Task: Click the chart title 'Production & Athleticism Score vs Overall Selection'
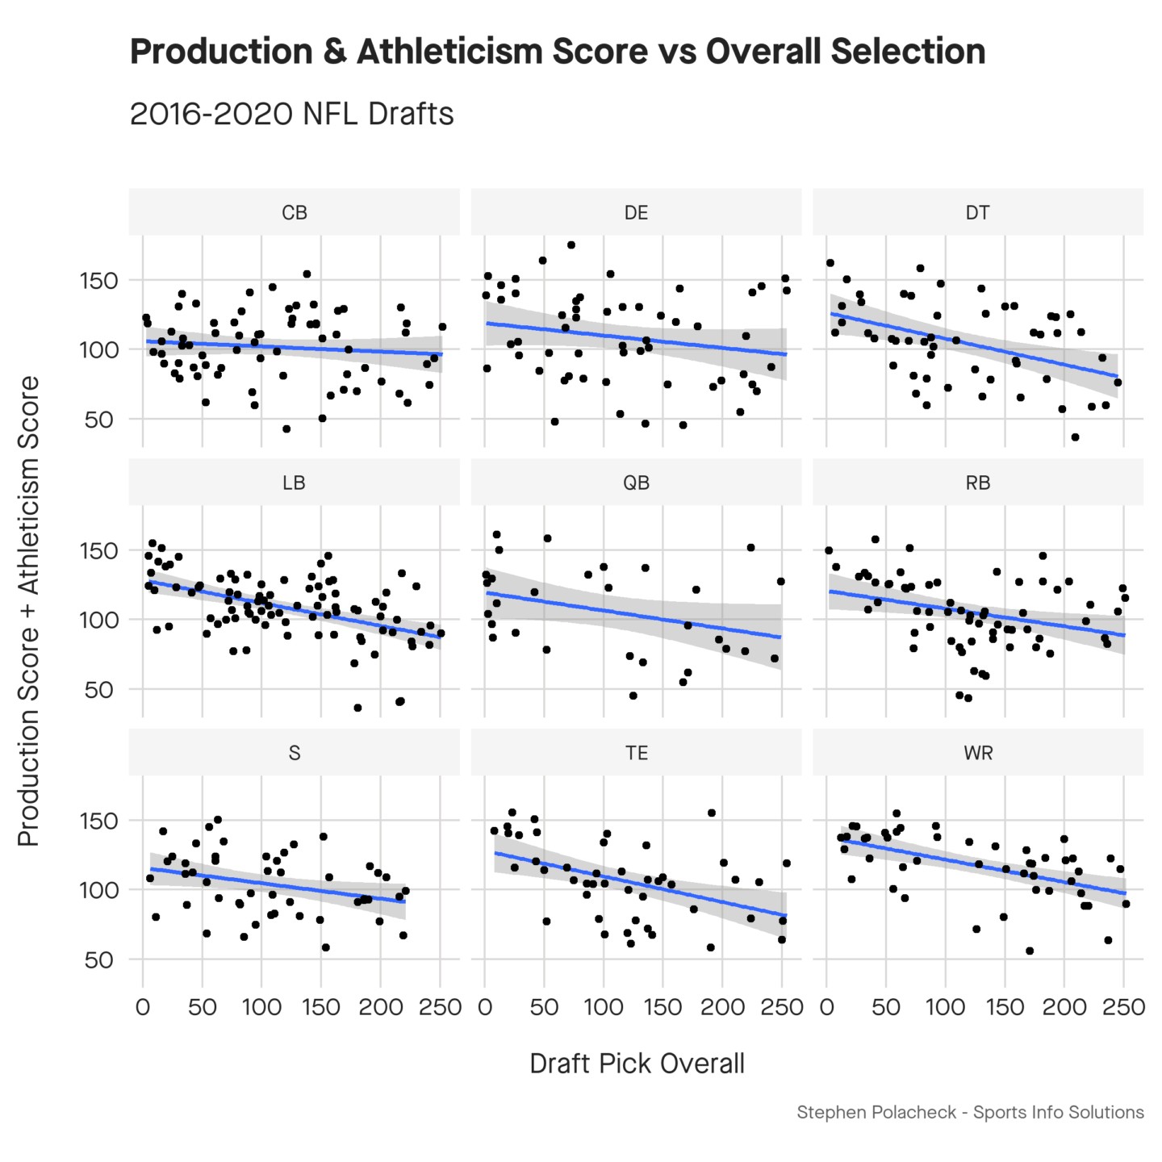557,52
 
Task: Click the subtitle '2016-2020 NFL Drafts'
291,115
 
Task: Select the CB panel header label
294,212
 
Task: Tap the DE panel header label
636,212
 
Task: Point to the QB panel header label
636,483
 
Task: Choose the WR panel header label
978,753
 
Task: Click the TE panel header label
636,753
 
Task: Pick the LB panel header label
294,483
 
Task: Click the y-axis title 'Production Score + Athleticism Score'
29,611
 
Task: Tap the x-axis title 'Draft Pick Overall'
636,1064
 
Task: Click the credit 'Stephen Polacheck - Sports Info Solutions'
970,1113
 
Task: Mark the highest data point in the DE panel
571,245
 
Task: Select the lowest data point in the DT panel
1075,437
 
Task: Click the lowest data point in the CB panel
286,429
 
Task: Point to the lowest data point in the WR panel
1030,951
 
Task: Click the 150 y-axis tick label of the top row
98,281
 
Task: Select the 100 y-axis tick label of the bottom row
98,890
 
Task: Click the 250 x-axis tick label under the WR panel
1123,1007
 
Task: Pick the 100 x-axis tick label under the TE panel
604,1007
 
